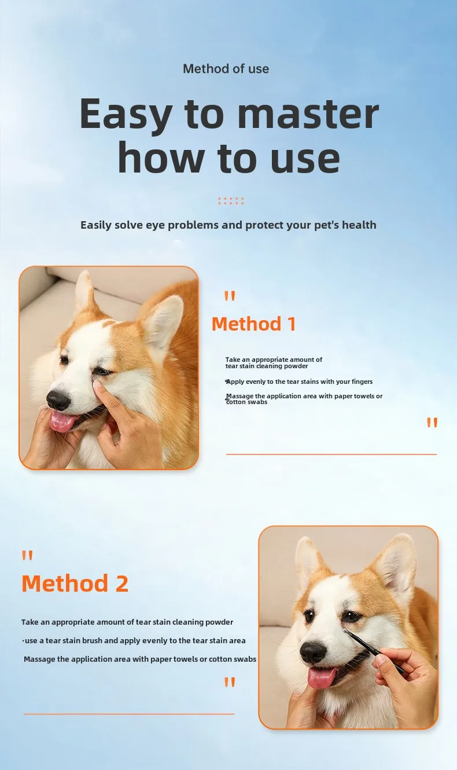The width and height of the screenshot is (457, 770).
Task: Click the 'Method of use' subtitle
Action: click(x=226, y=69)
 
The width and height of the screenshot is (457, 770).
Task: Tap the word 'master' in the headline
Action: click(x=308, y=113)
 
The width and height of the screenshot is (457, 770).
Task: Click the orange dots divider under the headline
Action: click(x=231, y=201)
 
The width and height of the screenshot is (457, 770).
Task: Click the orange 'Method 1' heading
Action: click(x=253, y=324)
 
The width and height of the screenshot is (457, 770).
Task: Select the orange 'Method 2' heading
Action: click(x=75, y=584)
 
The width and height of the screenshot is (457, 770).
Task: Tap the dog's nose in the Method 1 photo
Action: click(x=58, y=400)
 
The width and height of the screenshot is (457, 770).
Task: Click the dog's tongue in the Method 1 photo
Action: click(x=62, y=421)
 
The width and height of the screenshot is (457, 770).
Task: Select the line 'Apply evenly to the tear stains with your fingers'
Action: click(x=299, y=382)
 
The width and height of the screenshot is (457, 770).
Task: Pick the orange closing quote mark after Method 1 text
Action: click(x=432, y=422)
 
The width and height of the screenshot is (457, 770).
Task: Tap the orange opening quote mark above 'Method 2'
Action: click(x=27, y=556)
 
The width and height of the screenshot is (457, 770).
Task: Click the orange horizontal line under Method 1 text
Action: click(x=331, y=454)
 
